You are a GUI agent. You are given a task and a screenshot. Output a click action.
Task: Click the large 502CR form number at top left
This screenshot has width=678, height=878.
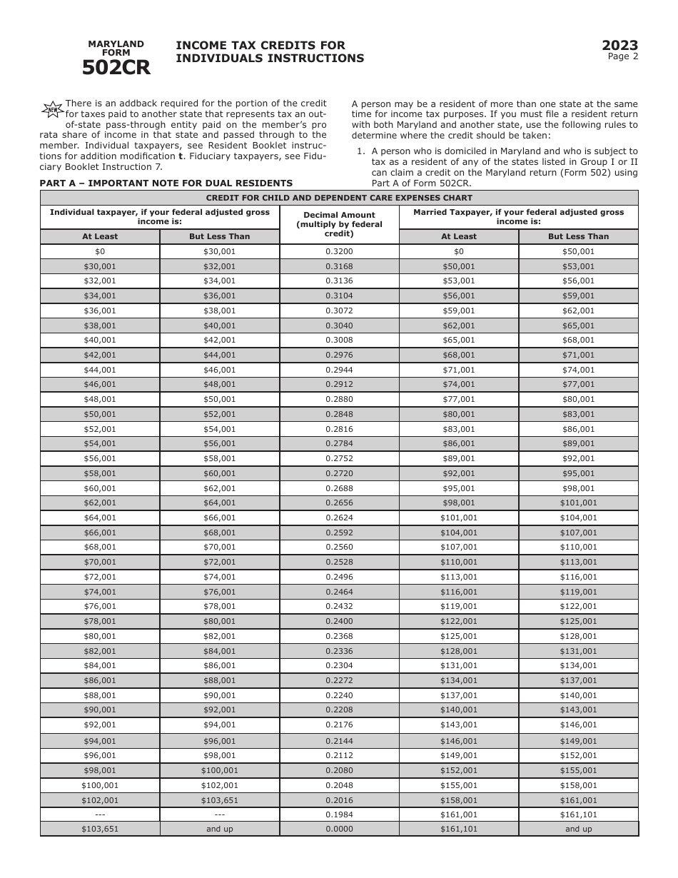pyautogui.click(x=116, y=68)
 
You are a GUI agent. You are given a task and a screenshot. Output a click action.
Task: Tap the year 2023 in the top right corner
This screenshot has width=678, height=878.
pyautogui.click(x=619, y=46)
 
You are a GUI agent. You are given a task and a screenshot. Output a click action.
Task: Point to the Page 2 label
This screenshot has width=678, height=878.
pyautogui.click(x=622, y=57)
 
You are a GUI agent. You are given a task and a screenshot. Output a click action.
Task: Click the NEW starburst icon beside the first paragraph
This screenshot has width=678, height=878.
pyautogui.click(x=52, y=109)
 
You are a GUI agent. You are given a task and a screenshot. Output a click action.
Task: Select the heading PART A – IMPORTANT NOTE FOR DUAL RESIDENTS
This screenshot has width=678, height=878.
pyautogui.click(x=166, y=183)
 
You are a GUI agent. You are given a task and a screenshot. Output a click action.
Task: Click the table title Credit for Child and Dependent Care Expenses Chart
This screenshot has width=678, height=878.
pyautogui.click(x=339, y=198)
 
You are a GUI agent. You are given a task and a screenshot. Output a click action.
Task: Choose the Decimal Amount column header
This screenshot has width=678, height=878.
pyautogui.click(x=339, y=224)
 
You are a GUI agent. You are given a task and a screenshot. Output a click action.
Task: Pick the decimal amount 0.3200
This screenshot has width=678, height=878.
pyautogui.click(x=339, y=251)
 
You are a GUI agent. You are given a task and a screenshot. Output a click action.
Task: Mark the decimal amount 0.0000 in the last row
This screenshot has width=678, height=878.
pyautogui.click(x=339, y=829)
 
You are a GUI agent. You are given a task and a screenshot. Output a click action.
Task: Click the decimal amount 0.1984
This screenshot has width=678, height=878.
pyautogui.click(x=339, y=814)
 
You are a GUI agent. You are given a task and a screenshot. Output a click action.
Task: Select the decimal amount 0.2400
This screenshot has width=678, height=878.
pyautogui.click(x=339, y=621)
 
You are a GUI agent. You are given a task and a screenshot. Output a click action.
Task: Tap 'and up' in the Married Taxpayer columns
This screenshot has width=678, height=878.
pyautogui.click(x=578, y=829)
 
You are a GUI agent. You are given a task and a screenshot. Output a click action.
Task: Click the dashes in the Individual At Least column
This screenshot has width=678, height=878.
pyautogui.click(x=100, y=814)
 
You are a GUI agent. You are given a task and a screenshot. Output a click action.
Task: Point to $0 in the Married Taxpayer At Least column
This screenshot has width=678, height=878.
pyautogui.click(x=458, y=251)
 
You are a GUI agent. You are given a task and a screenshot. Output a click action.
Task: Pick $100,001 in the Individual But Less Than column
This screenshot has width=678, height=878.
pyautogui.click(x=219, y=770)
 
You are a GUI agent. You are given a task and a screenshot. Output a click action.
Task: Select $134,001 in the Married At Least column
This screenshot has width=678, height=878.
pyautogui.click(x=458, y=680)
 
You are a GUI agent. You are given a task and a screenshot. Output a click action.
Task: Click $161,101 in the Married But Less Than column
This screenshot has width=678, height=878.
pyautogui.click(x=578, y=814)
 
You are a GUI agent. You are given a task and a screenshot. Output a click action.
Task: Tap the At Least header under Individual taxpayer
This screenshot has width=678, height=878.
pyautogui.click(x=100, y=236)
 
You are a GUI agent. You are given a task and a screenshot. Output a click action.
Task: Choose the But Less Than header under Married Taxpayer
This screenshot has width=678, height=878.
pyautogui.click(x=578, y=236)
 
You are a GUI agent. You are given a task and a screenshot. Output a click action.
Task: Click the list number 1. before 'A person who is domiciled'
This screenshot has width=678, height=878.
pyautogui.click(x=360, y=151)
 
